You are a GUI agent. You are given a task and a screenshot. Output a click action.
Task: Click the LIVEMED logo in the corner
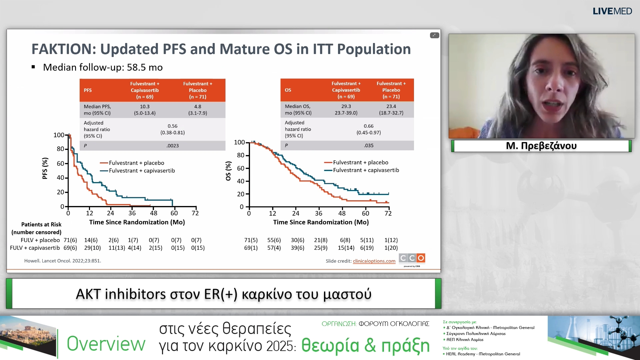(x=612, y=11)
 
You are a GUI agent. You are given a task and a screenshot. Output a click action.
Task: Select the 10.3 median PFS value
(x=145, y=107)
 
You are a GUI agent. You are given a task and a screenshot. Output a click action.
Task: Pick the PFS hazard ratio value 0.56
(x=172, y=126)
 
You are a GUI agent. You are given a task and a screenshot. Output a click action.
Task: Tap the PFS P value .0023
(x=172, y=146)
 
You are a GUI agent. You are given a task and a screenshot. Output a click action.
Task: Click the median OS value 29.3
(x=346, y=106)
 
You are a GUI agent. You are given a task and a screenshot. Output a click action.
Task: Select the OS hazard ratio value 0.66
(x=368, y=126)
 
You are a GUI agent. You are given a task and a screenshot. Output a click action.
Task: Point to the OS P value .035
(x=368, y=145)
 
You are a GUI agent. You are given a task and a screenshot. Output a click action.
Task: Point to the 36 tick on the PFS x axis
(x=132, y=213)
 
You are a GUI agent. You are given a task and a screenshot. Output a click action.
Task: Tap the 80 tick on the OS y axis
(x=240, y=155)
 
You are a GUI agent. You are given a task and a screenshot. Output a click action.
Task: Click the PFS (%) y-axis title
(x=45, y=168)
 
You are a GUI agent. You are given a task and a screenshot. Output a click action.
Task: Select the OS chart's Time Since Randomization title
(x=321, y=222)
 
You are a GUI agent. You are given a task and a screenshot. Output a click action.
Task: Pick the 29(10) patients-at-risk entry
(x=92, y=248)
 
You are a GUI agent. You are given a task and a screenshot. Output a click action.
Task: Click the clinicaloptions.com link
(x=374, y=261)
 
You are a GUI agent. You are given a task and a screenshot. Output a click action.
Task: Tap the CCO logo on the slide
(x=412, y=258)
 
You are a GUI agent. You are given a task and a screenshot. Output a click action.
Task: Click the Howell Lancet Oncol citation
(x=63, y=261)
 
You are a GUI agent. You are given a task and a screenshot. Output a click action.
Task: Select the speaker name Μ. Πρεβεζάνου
(x=541, y=146)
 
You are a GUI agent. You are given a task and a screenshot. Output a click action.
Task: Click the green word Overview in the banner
(x=106, y=344)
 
